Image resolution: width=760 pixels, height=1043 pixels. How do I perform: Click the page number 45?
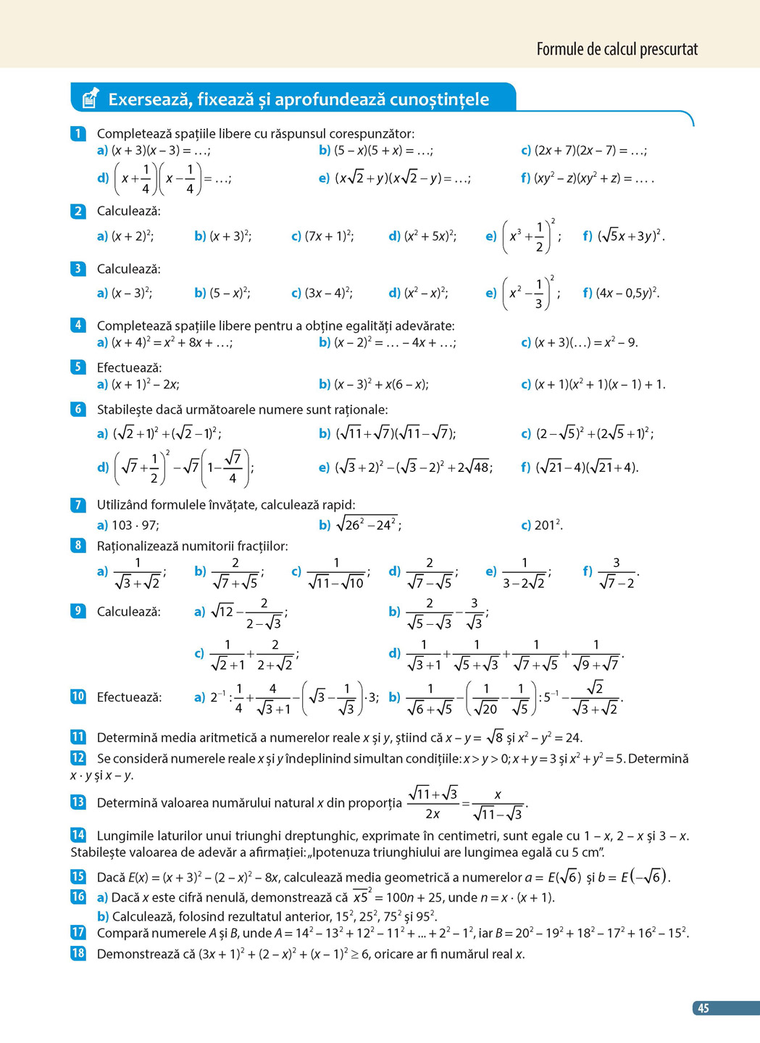click(703, 1008)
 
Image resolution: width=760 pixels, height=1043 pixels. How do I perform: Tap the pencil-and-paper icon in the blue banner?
click(90, 99)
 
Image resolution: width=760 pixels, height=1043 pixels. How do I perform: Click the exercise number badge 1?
click(78, 133)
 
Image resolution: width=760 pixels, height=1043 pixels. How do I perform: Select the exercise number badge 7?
click(78, 504)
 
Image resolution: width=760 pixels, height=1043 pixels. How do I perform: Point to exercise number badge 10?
click(78, 697)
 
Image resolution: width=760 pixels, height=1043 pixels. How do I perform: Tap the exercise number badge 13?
click(78, 802)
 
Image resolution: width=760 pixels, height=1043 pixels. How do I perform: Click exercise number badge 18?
click(78, 953)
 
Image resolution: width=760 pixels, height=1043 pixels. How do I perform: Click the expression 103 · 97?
click(135, 525)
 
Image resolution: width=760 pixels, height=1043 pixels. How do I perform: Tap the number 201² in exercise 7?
click(548, 525)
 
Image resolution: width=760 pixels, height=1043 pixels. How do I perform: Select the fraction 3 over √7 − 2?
click(616, 573)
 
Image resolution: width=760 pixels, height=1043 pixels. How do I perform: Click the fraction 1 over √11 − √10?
click(336, 573)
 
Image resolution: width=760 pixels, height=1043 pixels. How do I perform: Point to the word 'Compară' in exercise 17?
click(121, 933)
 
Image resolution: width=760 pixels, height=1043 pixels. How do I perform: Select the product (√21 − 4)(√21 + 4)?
click(587, 468)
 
